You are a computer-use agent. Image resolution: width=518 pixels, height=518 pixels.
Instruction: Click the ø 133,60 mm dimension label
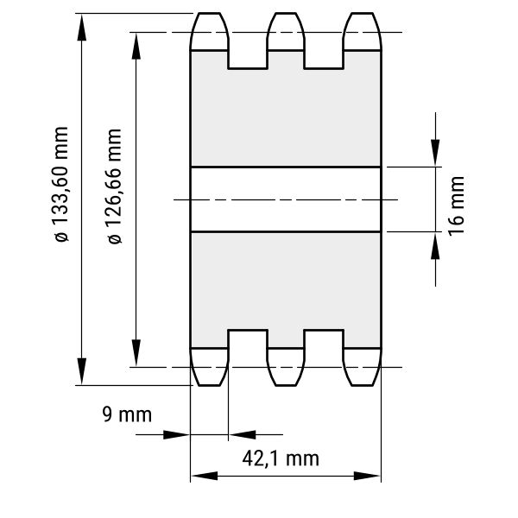[62, 185]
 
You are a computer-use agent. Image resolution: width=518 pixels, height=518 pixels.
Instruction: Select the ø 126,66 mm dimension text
[115, 186]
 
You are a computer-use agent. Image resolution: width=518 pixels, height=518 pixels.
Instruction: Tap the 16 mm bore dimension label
[457, 206]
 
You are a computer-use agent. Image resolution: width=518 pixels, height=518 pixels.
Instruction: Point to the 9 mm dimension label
[127, 414]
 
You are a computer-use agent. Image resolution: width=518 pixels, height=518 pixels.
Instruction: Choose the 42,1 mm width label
[281, 458]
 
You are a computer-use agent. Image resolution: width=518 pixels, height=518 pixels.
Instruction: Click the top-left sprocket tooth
[210, 32]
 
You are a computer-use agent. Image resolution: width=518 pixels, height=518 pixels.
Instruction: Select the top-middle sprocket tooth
[286, 32]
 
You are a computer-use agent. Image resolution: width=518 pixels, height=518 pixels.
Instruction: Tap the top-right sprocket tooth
[363, 32]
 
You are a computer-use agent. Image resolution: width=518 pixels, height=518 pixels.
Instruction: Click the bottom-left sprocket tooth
[210, 367]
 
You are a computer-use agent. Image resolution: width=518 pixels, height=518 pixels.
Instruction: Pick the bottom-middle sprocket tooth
[286, 367]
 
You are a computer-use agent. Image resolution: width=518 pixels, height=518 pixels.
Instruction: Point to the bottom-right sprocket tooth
[363, 367]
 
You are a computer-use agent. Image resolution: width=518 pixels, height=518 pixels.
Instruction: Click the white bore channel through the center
[286, 199]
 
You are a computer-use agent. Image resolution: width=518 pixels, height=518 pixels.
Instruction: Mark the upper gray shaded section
[286, 109]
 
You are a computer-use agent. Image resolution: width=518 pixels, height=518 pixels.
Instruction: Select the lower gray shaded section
[286, 290]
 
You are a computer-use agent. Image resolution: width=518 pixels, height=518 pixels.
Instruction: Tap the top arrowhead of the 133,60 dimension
[82, 27]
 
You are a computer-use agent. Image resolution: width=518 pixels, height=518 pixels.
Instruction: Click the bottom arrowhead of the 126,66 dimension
[136, 353]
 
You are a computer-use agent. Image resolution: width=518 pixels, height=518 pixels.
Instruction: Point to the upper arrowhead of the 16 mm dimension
[435, 153]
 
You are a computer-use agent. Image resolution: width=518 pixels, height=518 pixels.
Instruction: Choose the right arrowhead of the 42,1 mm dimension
[367, 476]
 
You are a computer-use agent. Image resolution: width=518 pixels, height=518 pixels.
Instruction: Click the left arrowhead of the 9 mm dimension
[177, 435]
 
